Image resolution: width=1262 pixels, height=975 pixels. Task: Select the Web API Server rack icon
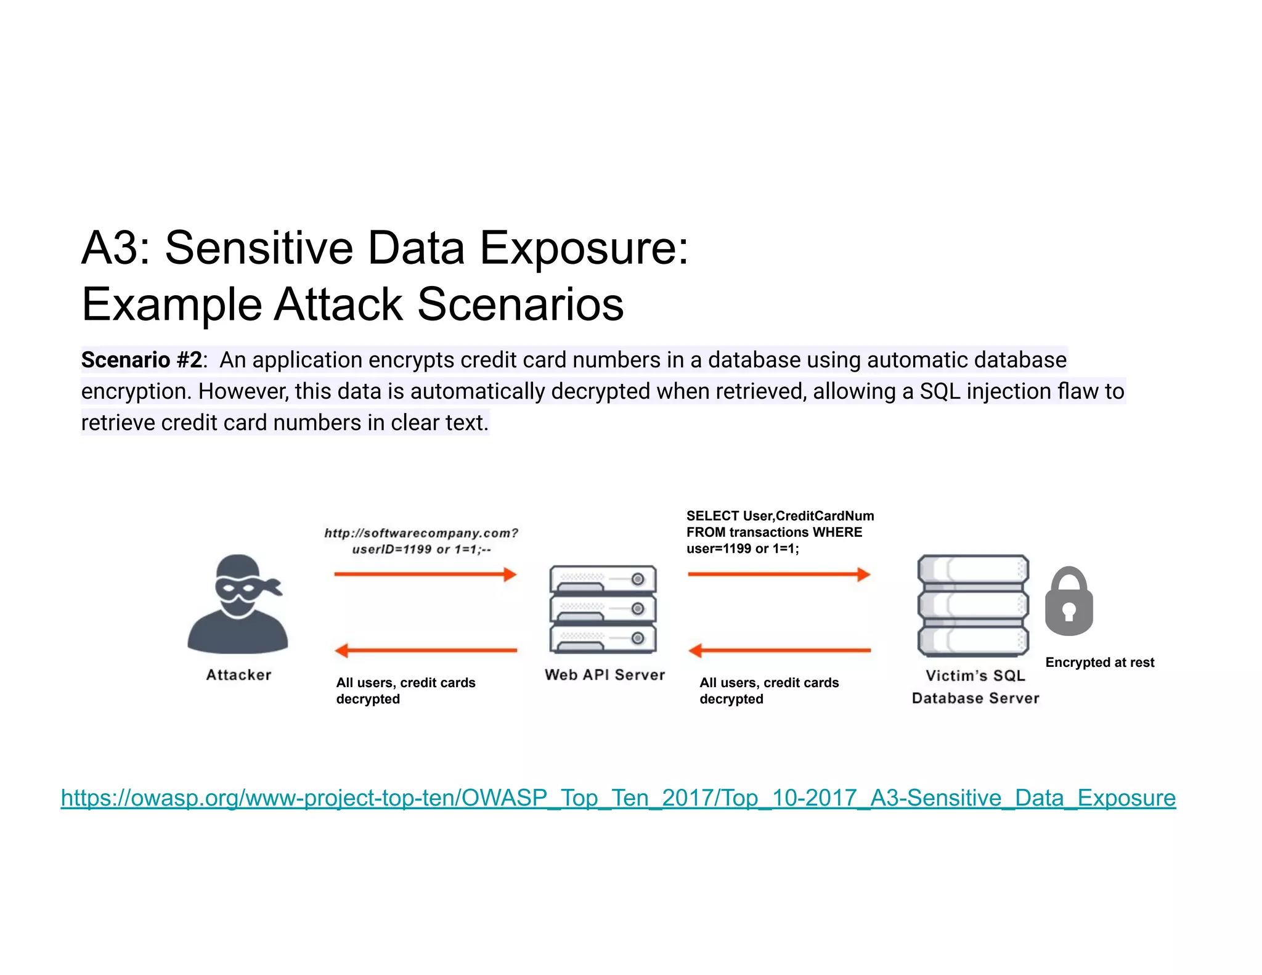point(603,609)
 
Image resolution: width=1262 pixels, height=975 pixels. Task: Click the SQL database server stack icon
point(973,606)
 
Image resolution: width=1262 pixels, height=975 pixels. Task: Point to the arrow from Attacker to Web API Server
point(425,574)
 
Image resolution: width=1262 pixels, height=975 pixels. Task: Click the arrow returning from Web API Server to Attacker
point(425,650)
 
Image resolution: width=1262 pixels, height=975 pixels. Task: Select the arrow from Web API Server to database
point(779,574)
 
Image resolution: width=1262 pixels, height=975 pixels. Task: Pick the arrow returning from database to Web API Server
point(779,650)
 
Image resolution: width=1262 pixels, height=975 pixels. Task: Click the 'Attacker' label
point(238,675)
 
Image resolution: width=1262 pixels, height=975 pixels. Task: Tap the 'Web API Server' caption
point(605,675)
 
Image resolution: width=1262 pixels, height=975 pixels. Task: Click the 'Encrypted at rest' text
point(1099,663)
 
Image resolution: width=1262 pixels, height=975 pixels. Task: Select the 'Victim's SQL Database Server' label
point(975,687)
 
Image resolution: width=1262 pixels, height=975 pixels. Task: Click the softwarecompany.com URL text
point(421,533)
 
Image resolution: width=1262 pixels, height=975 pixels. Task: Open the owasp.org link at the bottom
point(618,798)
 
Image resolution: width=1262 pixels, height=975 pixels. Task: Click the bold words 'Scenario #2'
point(141,360)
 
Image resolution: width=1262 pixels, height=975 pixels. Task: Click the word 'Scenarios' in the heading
point(521,304)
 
